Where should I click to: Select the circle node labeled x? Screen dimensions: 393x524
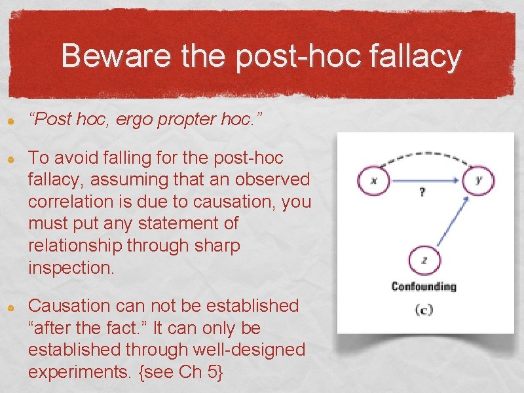(373, 179)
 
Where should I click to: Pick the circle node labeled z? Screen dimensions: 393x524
(424, 260)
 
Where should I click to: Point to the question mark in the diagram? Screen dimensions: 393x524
(422, 193)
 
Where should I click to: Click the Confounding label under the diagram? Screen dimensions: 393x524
(424, 286)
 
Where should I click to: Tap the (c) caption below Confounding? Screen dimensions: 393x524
(424, 309)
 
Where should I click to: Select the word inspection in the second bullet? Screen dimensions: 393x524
(67, 267)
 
